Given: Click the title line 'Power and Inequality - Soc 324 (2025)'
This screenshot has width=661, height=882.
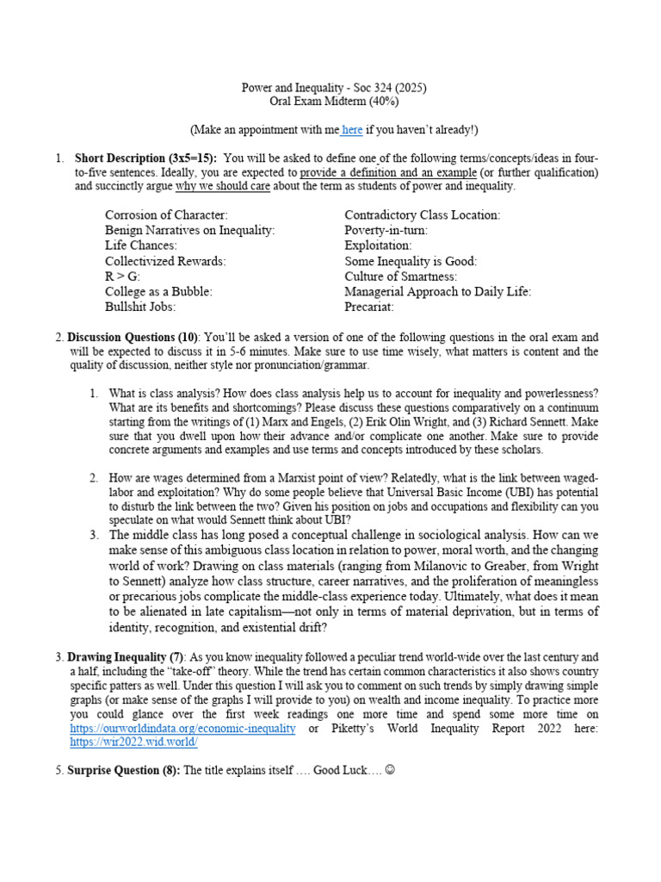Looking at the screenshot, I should [332, 88].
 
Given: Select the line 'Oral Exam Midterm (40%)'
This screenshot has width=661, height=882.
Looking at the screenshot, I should [332, 102].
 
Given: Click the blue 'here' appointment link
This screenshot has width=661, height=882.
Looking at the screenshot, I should [352, 130].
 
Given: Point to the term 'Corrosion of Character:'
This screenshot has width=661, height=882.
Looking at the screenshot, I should [166, 214].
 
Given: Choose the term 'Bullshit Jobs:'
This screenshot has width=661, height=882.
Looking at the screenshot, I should [140, 306].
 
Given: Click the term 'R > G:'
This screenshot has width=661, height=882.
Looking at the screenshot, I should [122, 276].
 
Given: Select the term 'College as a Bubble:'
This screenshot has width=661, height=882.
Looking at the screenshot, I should [158, 291].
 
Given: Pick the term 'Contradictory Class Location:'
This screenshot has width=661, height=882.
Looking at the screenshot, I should [422, 214].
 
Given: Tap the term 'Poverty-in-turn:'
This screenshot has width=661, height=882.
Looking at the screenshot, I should [386, 230].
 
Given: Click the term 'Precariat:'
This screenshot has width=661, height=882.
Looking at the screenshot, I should [369, 306].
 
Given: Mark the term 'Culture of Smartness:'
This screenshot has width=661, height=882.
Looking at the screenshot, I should [401, 276].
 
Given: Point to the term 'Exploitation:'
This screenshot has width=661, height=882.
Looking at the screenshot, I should [378, 245].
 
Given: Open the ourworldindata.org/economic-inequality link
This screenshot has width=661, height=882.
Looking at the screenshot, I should [182, 728].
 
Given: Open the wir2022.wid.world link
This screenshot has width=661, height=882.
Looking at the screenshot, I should [134, 742].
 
